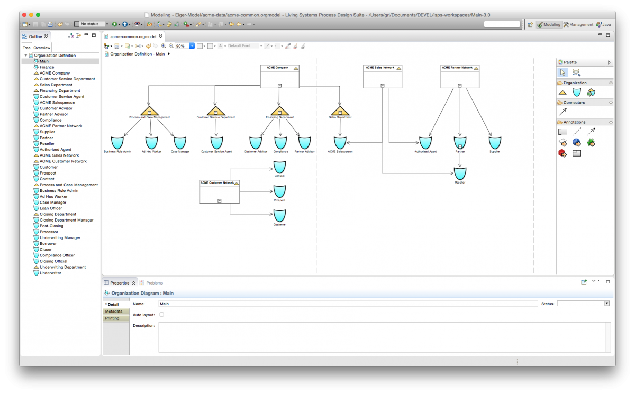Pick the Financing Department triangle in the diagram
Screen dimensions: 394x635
(279, 111)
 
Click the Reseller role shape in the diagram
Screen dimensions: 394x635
(460, 173)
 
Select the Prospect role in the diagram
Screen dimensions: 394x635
(279, 191)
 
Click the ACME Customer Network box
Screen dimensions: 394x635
(219, 191)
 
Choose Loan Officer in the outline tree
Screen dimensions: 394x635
(51, 208)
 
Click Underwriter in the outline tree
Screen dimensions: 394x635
(50, 273)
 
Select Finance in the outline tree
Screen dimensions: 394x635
(47, 67)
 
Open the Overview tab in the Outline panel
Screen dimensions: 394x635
(42, 48)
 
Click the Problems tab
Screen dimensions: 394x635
(154, 283)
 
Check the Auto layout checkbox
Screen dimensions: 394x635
(162, 315)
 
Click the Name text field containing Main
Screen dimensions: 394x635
(348, 304)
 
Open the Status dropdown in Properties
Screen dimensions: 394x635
(583, 304)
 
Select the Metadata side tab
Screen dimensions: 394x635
(114, 311)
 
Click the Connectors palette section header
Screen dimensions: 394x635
(574, 103)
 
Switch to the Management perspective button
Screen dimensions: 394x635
(578, 24)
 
